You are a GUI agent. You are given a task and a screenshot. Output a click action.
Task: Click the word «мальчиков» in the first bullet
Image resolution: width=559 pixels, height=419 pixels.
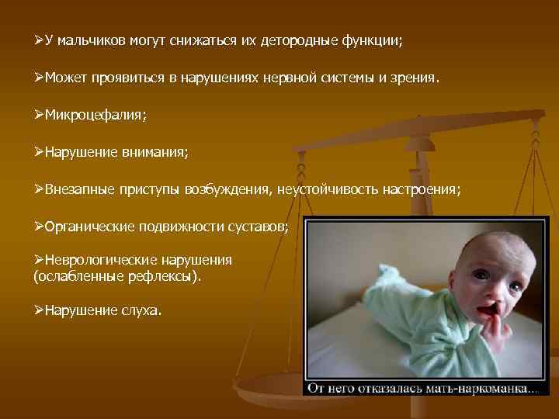click(x=88, y=40)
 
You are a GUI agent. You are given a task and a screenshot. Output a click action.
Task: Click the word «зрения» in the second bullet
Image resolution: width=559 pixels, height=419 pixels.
click(x=415, y=78)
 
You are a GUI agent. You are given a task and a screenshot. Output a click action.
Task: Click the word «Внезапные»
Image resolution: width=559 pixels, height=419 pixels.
click(x=78, y=189)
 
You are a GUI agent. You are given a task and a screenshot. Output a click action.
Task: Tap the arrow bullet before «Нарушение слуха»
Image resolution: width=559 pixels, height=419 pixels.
click(x=39, y=310)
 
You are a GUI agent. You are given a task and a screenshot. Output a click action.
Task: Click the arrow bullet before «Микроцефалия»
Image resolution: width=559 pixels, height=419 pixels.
click(x=39, y=115)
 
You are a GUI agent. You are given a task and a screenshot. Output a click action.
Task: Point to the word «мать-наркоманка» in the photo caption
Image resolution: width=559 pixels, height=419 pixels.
click(x=481, y=388)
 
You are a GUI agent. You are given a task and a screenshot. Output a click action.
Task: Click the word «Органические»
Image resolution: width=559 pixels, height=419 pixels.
click(x=90, y=227)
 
